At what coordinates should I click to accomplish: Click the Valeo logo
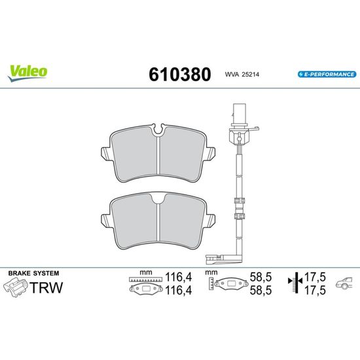tap(27, 73)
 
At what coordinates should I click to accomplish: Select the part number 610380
tap(180, 75)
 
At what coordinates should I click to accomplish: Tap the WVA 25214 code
tap(242, 75)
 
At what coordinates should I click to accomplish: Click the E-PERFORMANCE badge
tap(327, 75)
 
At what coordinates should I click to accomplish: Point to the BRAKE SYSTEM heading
tap(34, 273)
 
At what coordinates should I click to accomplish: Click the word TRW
tap(46, 287)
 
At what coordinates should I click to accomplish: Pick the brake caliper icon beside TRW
tap(16, 287)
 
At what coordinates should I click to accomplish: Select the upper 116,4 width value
tap(179, 277)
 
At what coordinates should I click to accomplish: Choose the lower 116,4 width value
tap(179, 291)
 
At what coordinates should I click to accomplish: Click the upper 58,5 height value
tap(261, 277)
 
